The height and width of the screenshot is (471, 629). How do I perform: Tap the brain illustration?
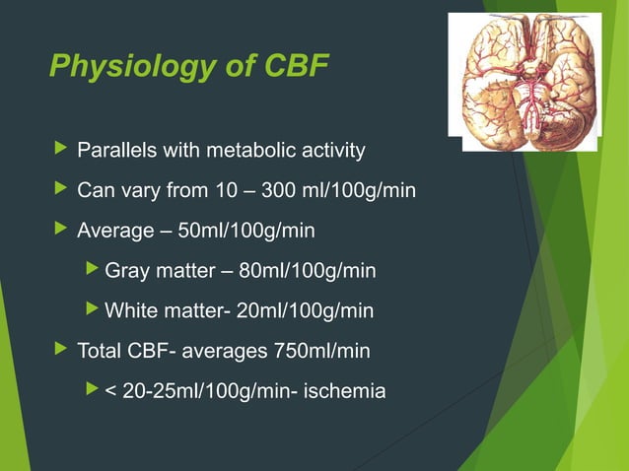click(524, 78)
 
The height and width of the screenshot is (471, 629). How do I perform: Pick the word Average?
click(115, 232)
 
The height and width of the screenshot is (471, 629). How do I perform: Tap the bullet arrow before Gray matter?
click(93, 270)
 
